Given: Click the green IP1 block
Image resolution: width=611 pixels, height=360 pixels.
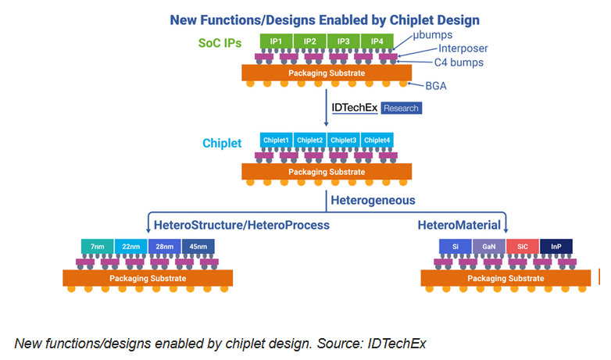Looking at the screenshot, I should point(276,41).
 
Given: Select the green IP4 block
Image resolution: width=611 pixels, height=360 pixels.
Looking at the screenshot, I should point(377,41).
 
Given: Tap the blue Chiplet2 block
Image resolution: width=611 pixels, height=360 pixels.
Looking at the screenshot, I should point(310,140).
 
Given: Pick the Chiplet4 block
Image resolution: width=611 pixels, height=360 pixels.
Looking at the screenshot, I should point(377,140).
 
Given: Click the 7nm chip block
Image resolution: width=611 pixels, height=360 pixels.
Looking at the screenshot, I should point(98,247).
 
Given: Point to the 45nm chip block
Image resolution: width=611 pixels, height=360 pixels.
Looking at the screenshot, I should point(198,247).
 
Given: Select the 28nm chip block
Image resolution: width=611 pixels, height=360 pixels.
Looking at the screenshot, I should point(165,247).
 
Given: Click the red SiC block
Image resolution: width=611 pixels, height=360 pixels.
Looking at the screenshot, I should point(523,247).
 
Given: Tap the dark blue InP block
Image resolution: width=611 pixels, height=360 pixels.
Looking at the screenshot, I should point(556,247).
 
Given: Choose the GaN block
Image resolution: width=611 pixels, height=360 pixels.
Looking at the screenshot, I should point(489,247).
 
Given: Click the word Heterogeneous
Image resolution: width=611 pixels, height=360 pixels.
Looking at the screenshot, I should point(370,200).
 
